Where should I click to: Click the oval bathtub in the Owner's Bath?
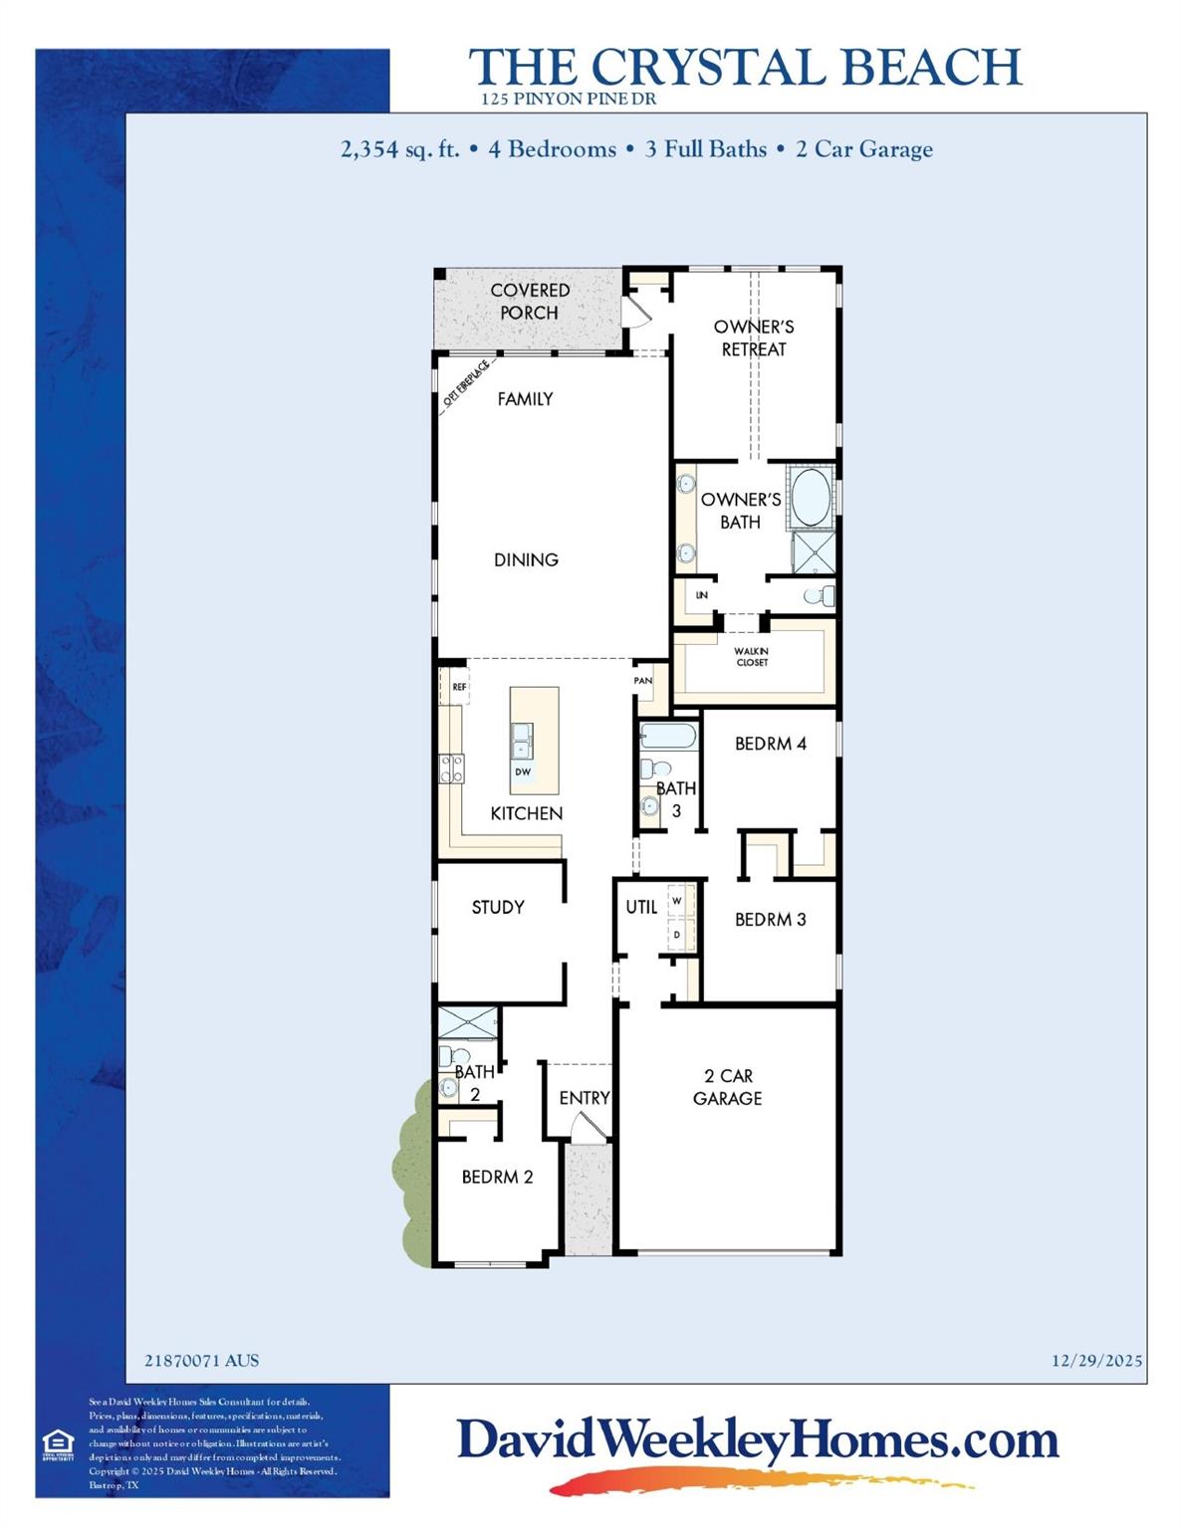pyautogui.click(x=811, y=498)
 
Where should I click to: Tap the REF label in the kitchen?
pyautogui.click(x=459, y=687)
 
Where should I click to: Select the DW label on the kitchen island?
pyautogui.click(x=523, y=771)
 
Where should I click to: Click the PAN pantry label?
pyautogui.click(x=643, y=681)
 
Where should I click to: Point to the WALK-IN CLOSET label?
pyautogui.click(x=752, y=657)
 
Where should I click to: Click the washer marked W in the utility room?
pyautogui.click(x=677, y=902)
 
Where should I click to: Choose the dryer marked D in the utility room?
pyautogui.click(x=677, y=935)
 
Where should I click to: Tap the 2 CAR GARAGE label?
pyautogui.click(x=728, y=1087)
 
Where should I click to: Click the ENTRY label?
pyautogui.click(x=584, y=1098)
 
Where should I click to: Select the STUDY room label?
pyautogui.click(x=498, y=907)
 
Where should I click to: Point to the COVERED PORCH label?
pyautogui.click(x=530, y=301)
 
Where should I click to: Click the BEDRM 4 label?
pyautogui.click(x=771, y=744)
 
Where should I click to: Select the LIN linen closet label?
pyautogui.click(x=702, y=595)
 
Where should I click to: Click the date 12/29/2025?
pyautogui.click(x=1096, y=1361)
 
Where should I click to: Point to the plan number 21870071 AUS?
pyautogui.click(x=201, y=1361)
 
